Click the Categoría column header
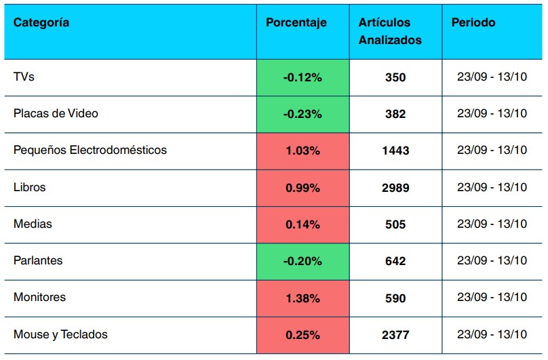[x=41, y=23]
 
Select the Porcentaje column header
[x=296, y=23]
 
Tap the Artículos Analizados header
[x=390, y=31]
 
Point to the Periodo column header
[x=473, y=23]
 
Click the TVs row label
[x=24, y=77]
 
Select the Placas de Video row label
[x=56, y=114]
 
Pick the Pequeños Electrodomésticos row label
[x=90, y=151]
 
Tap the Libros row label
[x=30, y=187]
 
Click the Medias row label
[x=33, y=224]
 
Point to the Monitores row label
[x=39, y=298]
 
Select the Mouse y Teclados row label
[x=60, y=334]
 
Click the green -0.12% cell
[x=302, y=78]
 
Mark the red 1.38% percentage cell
[x=302, y=298]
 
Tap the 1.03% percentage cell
[x=302, y=151]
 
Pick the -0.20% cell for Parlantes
[x=302, y=261]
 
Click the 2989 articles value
[x=395, y=188]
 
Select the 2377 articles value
[x=395, y=335]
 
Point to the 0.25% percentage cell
[x=302, y=335]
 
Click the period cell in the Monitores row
[x=492, y=298]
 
